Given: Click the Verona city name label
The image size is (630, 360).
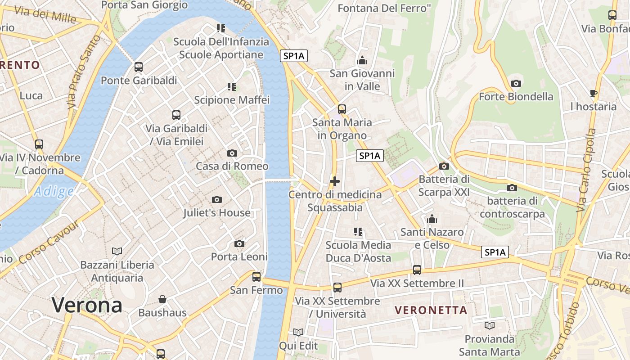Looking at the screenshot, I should (87, 305).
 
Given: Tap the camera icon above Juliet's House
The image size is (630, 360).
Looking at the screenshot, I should (216, 199).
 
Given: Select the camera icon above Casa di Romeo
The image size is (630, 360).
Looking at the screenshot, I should (232, 153).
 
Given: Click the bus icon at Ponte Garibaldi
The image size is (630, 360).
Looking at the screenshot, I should (139, 67).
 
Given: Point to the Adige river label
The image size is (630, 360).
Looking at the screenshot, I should (54, 191).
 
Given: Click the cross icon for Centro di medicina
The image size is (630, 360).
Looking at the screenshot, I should (335, 181).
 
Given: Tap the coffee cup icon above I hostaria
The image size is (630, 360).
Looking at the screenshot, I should (594, 94).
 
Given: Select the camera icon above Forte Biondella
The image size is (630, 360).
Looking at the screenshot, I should (516, 83).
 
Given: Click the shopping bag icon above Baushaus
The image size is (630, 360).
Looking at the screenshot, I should (162, 299).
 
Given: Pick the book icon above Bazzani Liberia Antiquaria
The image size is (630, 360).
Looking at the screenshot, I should (117, 251).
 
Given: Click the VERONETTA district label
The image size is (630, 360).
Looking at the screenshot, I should (431, 310).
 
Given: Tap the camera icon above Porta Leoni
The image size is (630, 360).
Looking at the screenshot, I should (239, 243).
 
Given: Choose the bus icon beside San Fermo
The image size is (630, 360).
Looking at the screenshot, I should (256, 276).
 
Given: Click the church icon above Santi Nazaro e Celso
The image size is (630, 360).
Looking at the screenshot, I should (432, 219).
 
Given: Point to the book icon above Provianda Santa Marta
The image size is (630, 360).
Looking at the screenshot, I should (490, 325).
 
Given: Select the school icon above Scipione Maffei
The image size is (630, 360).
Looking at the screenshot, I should (232, 86).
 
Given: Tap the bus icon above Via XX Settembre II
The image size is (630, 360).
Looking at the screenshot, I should (417, 270).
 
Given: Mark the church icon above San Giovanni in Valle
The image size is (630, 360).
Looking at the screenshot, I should (362, 60).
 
